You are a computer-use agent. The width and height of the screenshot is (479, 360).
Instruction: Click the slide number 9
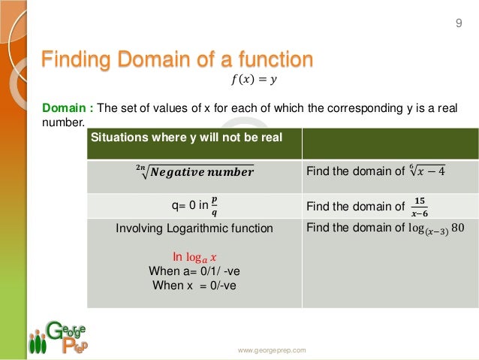point(459,25)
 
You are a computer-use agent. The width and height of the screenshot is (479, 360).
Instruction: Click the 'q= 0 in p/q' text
point(194,204)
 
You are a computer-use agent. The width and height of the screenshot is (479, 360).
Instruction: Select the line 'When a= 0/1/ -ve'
point(194,271)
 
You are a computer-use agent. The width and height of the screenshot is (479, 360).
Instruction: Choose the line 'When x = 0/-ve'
point(194,285)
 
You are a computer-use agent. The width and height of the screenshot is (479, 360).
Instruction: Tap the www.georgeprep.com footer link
point(272,350)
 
